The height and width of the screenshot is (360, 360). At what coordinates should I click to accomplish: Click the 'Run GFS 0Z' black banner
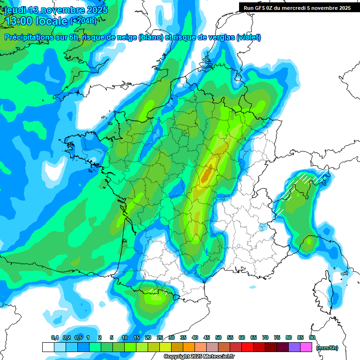coord(297,7)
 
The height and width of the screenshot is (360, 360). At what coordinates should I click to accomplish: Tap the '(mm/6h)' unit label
coord(327,347)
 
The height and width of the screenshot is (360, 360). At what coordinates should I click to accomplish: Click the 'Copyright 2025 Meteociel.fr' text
coord(193,357)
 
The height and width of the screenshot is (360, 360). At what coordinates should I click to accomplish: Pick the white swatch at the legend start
coord(48,347)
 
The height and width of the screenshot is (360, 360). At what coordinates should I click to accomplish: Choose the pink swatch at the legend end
coord(306,347)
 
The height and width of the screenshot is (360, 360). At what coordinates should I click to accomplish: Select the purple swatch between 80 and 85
coord(294,347)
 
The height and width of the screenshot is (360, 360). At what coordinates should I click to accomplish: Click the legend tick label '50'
coord(218,337)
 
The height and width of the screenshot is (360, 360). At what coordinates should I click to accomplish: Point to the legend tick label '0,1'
coord(55,337)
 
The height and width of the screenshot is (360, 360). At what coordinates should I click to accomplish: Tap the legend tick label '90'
coord(312,337)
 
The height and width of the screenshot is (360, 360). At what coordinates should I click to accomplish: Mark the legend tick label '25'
coord(160,337)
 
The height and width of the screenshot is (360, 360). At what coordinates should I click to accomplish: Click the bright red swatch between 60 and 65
coord(247,347)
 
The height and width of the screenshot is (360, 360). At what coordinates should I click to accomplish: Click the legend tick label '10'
coord(125,337)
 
